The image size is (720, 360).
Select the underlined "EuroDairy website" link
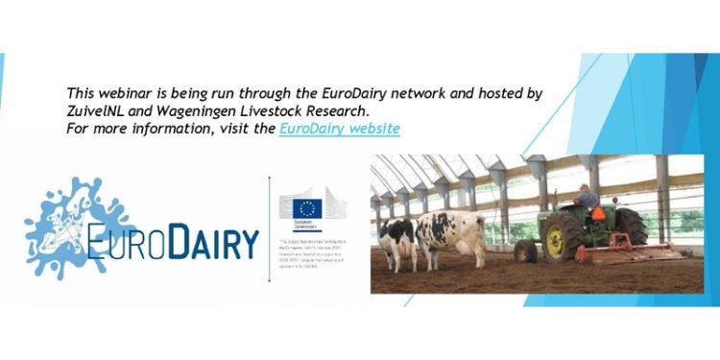(340, 128)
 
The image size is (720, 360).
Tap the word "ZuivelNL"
(99, 110)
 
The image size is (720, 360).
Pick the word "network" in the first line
(403, 93)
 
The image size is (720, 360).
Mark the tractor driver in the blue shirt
(587, 199)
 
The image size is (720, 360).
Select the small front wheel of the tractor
(526, 252)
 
